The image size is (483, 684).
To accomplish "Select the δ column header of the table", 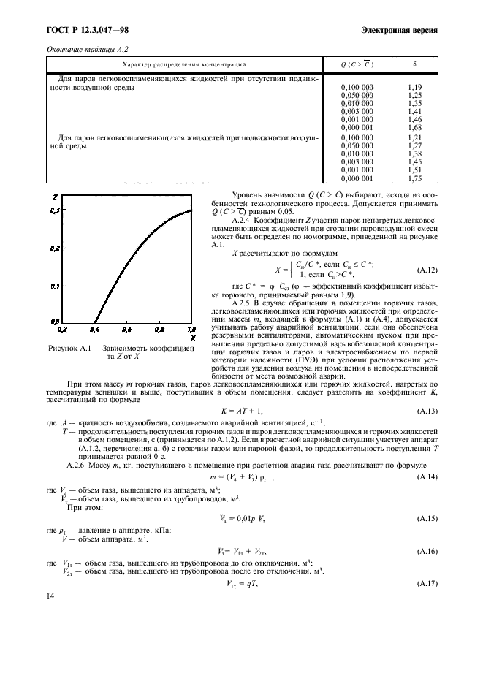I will (x=414, y=64).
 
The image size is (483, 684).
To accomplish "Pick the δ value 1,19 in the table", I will (x=414, y=88).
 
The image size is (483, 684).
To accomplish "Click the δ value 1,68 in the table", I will (x=414, y=127).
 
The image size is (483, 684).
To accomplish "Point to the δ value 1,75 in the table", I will (x=414, y=177).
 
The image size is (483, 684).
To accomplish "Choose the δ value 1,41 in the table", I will (x=414, y=111).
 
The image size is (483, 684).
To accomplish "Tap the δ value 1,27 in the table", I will (x=414, y=145).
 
